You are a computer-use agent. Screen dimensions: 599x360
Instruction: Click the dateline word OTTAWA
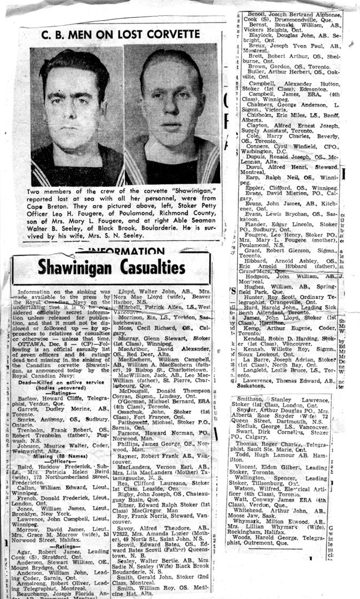point(32,340)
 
